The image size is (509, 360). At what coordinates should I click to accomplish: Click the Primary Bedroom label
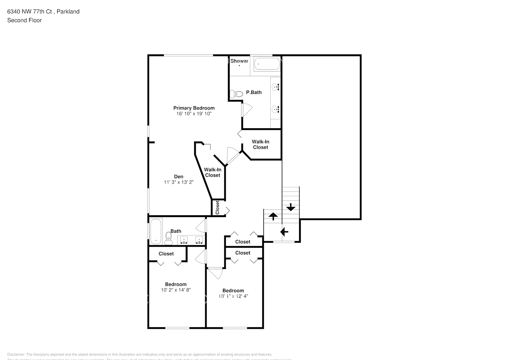tap(194, 108)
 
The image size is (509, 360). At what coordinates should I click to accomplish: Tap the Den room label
tap(179, 176)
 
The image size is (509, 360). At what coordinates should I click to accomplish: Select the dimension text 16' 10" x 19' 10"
tap(194, 114)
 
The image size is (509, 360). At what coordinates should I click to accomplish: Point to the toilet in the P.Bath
tap(237, 94)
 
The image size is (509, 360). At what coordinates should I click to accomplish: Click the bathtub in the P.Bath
tap(267, 64)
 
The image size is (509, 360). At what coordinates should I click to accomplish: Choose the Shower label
tap(239, 61)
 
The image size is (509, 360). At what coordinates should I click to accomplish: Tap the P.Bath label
tap(254, 93)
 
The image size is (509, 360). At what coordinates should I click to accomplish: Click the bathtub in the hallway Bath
tap(156, 231)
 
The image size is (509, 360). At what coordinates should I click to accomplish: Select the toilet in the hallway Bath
tap(168, 238)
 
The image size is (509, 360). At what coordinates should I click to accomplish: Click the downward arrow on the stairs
tap(291, 207)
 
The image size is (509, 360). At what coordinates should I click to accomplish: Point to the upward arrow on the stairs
tap(273, 216)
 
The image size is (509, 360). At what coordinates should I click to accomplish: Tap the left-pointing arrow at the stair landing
tap(284, 231)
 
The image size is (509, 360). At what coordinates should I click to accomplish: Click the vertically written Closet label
tap(217, 208)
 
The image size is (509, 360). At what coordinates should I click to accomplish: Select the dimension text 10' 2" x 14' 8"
tap(176, 290)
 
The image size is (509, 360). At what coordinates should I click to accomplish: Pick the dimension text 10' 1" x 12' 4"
tap(233, 296)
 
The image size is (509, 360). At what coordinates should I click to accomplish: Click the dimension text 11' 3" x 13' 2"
tap(179, 182)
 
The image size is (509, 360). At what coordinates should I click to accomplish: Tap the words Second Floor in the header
tap(24, 20)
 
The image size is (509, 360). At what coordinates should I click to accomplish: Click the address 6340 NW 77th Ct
tap(30, 12)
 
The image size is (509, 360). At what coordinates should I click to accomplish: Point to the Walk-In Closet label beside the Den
tap(213, 172)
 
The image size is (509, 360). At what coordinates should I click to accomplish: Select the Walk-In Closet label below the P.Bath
tap(261, 144)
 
